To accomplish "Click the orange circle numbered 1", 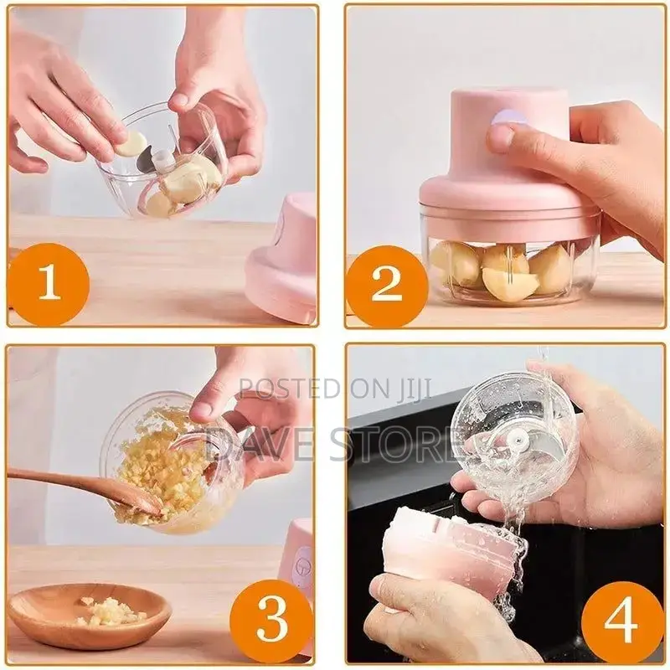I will [x=49, y=284].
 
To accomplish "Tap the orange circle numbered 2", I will [x=386, y=286].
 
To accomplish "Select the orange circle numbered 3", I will [x=271, y=620].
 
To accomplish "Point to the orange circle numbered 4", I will [x=621, y=621].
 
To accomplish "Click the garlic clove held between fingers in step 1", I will [x=131, y=143].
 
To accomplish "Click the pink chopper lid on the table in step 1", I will [x=285, y=260].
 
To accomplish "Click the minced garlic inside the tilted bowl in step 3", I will [x=159, y=469].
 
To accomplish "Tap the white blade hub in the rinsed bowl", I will [x=521, y=441].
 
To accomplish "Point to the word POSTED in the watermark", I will [x=285, y=388].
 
